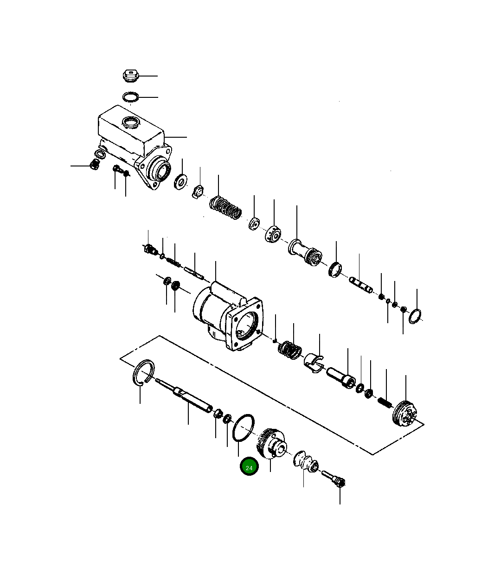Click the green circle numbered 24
point(249,467)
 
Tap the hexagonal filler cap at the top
point(131,75)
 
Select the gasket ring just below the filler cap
point(131,97)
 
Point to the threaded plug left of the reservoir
point(94,165)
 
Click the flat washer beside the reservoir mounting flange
point(180,182)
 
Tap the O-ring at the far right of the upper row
point(415,316)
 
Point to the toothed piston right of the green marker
point(270,445)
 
